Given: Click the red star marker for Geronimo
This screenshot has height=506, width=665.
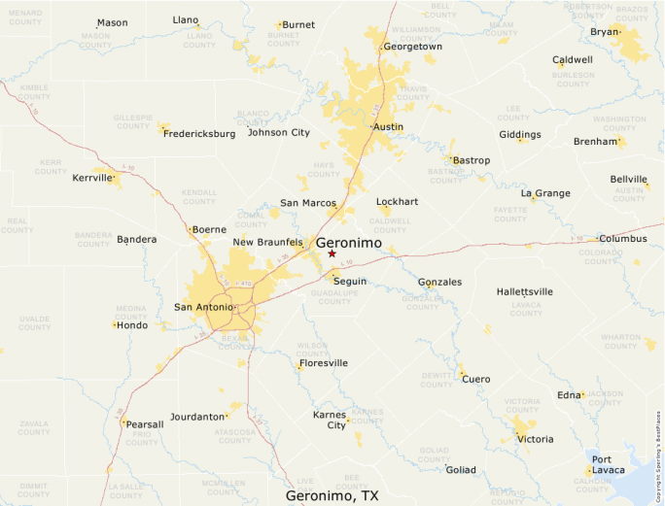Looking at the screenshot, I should pos(332,253).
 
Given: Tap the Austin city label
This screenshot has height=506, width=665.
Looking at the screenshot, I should pos(389,126).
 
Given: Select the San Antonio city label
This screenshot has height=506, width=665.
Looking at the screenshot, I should pos(203,307).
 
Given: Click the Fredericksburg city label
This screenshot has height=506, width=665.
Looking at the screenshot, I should pos(199,133).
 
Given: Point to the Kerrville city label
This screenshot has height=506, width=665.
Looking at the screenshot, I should pos(91,178).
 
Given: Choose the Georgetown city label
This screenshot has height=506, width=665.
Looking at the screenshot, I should pos(413,46).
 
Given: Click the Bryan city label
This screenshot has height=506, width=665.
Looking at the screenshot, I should pos(604,31).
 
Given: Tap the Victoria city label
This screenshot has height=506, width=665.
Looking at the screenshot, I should pos(535,439).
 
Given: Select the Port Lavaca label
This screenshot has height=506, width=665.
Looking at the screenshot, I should pos(609,464).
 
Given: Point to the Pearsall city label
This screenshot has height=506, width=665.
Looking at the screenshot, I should pos(145,424).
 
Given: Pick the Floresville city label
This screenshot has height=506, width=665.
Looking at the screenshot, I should pos(325,363).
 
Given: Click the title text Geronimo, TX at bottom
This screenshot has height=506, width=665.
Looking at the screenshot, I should pos(332,495).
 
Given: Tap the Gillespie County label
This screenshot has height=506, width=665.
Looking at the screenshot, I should pos(133,122).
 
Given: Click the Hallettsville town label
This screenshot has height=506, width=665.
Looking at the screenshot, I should pos(524,291).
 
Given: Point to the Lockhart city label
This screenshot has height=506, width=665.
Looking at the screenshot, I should pos(397,202).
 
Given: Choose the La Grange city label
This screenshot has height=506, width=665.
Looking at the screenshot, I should pos(545,193).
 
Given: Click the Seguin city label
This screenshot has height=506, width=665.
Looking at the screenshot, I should pos(350,281).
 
